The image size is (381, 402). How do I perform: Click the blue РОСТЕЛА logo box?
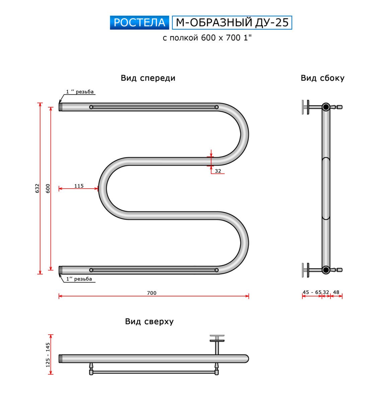point(139,22)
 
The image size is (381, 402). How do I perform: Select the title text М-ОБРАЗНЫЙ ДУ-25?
point(232,22)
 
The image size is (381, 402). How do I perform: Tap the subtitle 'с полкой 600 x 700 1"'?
point(207,38)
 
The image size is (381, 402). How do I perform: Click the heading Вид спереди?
point(148,78)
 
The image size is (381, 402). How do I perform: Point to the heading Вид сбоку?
point(322,78)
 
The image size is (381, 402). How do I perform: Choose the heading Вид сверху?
point(149,322)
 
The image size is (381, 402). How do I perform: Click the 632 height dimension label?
point(37,188)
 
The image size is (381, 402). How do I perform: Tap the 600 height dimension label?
point(48,188)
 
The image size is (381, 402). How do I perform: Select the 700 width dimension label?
point(152,293)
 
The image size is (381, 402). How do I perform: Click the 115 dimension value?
point(79,186)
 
